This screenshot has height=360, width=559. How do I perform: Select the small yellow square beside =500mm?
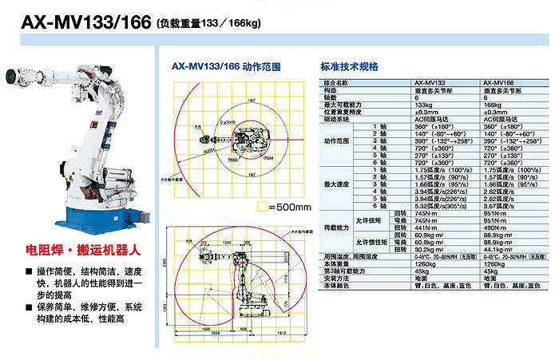click(x=261, y=206)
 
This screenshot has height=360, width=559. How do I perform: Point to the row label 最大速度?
click(x=335, y=185)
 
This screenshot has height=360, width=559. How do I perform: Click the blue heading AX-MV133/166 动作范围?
click(x=227, y=67)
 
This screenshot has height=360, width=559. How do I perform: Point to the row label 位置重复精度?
click(x=340, y=111)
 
